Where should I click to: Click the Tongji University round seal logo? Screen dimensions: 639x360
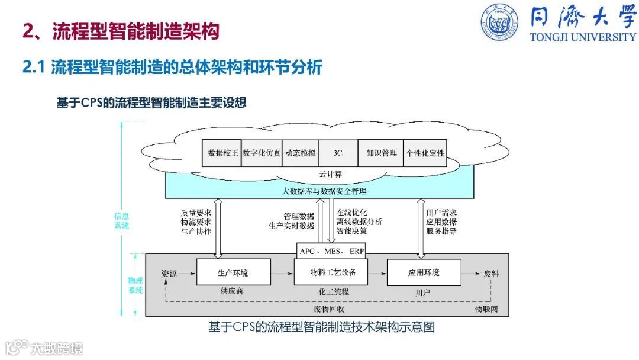tap(498, 22)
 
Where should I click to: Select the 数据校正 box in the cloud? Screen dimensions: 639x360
tap(223, 153)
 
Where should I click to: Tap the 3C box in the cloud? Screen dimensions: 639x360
tap(338, 153)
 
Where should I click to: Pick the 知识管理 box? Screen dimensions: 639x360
tap(382, 153)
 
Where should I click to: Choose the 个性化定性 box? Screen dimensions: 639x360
tap(425, 153)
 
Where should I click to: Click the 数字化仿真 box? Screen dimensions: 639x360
tap(262, 153)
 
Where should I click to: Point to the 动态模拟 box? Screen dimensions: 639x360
tap(300, 153)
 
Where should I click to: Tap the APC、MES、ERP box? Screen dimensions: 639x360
tap(331, 251)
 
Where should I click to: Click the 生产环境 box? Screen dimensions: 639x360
tap(233, 273)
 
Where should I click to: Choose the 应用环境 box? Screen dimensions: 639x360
tap(424, 273)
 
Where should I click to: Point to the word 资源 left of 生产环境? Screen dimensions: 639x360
tap(169, 273)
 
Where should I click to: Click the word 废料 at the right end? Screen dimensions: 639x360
tap(492, 273)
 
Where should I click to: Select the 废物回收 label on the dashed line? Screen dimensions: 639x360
tap(329, 309)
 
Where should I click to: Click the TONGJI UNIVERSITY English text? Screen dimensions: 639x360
tap(583, 37)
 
